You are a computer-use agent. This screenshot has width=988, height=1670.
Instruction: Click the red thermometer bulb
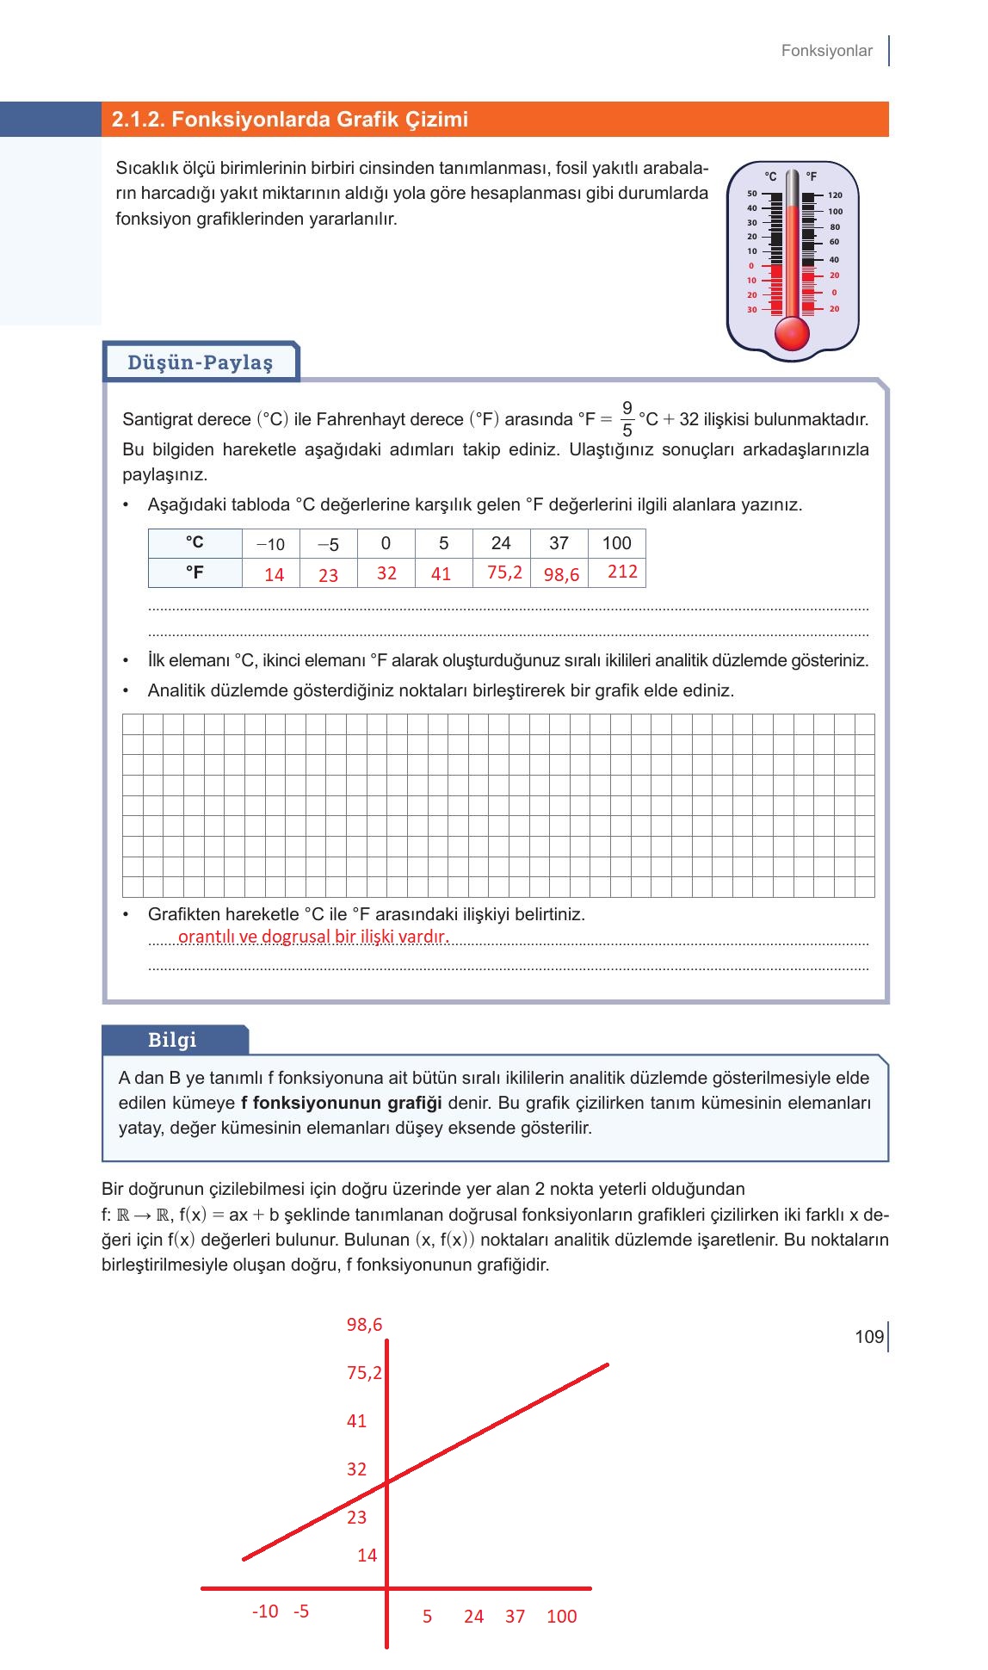point(792,332)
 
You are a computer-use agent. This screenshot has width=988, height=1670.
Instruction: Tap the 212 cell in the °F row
point(621,572)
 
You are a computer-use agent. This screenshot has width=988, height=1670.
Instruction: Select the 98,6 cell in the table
point(560,574)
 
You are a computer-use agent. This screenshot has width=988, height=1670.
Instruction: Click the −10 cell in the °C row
point(270,544)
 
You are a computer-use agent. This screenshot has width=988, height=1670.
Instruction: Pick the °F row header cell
point(195,572)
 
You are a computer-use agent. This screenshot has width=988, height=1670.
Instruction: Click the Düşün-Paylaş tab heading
point(200,362)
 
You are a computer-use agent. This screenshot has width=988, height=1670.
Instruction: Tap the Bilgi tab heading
point(172,1040)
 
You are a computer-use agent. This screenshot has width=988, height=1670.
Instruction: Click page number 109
point(868,1337)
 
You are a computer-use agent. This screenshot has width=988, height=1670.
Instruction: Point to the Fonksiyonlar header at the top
point(826,51)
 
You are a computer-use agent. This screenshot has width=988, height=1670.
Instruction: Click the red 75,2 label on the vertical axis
point(364,1373)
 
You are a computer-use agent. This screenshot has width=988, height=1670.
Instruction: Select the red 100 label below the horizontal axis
point(561,1617)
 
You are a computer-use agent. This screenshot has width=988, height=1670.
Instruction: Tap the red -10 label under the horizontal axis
point(265,1611)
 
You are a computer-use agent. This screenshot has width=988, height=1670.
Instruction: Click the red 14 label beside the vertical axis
point(367,1556)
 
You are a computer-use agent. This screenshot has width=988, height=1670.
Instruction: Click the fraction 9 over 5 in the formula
point(627,419)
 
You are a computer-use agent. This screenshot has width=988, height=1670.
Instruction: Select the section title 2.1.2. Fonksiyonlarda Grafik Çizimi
point(289,120)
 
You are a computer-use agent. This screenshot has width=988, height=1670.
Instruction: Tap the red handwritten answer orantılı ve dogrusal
point(313,937)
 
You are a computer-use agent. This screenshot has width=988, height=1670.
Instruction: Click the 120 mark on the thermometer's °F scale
point(835,195)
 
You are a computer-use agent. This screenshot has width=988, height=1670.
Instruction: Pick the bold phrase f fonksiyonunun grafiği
point(341,1103)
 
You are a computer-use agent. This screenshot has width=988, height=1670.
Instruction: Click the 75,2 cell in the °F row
point(503,572)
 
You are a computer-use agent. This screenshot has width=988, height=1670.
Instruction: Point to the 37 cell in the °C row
point(559,543)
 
